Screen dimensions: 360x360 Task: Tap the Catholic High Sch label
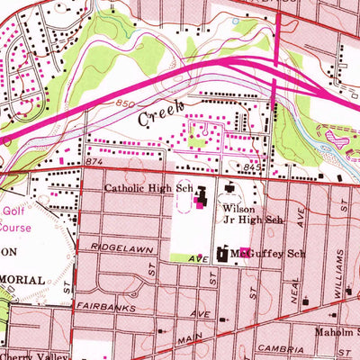pyautogui.click(x=148, y=189)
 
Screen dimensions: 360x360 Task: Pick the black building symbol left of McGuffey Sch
pyautogui.click(x=222, y=256)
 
